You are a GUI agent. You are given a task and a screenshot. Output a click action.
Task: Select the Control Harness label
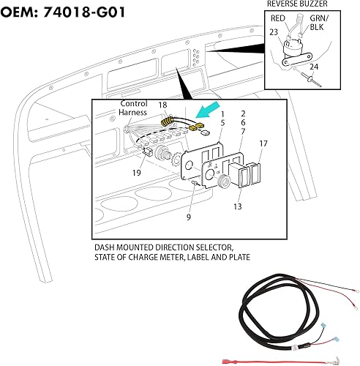[134, 109]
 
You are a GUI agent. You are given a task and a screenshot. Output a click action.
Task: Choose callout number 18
[163, 106]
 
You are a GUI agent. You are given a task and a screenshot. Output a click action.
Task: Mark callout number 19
[137, 172]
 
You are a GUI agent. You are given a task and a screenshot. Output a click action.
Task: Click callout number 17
[263, 144]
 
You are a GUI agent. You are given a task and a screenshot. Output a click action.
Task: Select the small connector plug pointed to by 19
[149, 153]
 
